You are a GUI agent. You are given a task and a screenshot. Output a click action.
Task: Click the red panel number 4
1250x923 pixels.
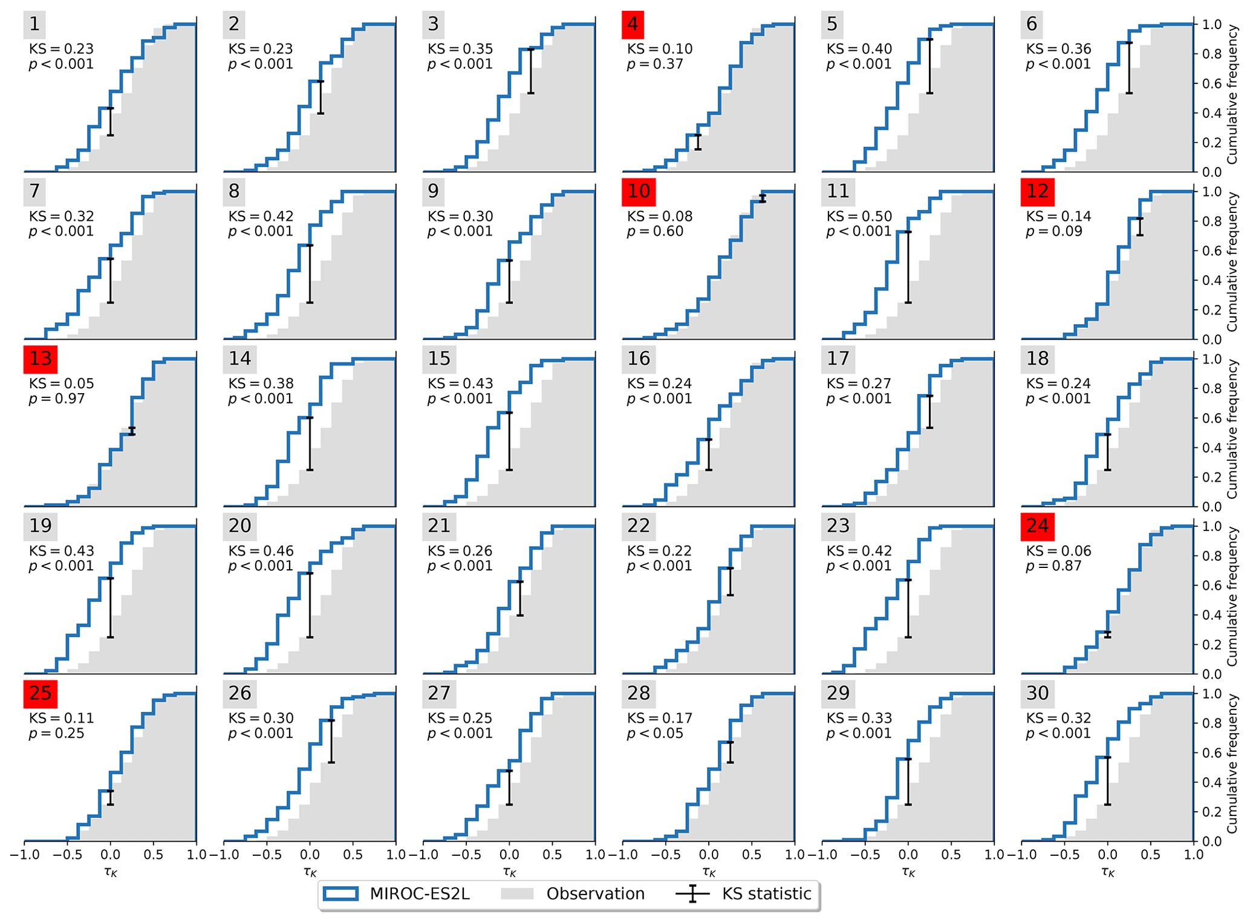point(633,24)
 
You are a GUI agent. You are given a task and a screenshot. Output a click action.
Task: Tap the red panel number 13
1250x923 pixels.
point(41,359)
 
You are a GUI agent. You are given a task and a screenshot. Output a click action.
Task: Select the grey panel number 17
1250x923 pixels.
point(838,359)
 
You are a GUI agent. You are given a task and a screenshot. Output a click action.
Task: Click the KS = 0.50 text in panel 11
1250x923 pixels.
point(859,216)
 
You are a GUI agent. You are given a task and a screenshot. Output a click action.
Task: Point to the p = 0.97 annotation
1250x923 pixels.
point(57,399)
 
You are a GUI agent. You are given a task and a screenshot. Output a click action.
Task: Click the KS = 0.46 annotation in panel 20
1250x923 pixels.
point(261,551)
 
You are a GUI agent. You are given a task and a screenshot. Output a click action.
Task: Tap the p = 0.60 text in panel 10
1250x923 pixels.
point(655,231)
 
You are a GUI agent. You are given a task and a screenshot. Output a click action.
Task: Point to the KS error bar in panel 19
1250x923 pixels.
point(110,608)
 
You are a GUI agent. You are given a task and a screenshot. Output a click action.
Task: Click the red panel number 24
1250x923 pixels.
point(1038,526)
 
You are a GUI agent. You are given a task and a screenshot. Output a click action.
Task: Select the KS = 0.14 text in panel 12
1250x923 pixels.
point(1059,216)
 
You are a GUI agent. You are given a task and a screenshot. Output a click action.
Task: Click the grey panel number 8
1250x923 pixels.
point(234,191)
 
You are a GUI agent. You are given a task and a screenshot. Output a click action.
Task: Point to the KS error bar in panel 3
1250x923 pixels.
point(530,71)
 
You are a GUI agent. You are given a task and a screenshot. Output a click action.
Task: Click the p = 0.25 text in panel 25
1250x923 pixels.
point(57,733)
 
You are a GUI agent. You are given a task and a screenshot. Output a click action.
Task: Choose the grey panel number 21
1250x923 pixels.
point(439,526)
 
